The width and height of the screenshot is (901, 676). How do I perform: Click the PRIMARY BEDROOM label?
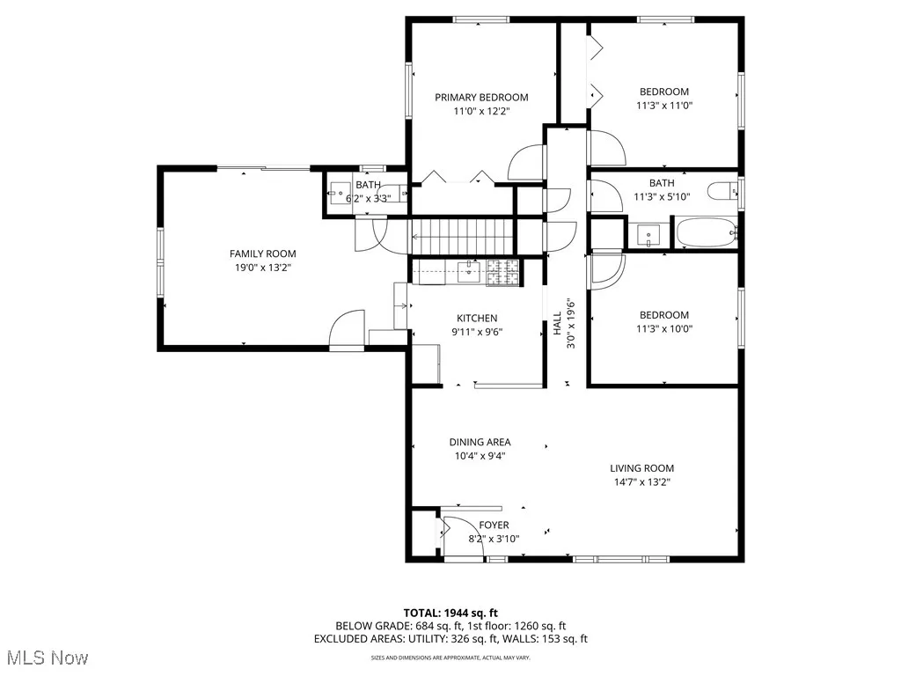pos(481,98)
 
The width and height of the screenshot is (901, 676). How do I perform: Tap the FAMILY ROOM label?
pos(257,254)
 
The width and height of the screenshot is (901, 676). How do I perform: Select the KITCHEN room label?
pos(477,319)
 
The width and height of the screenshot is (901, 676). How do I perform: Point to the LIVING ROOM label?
pos(642,468)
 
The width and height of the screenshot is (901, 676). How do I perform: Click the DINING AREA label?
pos(480,443)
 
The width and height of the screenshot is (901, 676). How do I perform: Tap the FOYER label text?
pos(494,525)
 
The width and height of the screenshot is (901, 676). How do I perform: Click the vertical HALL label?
pos(557,324)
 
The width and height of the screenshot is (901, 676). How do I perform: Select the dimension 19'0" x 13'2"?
pos(257,268)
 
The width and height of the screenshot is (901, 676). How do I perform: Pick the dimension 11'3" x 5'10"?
pos(662,197)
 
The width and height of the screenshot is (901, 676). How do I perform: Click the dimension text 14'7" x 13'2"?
pos(642,482)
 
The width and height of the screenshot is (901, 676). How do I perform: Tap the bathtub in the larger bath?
pos(707,234)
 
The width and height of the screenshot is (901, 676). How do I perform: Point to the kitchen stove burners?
pos(502,273)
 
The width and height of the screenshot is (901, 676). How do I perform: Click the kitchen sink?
pos(464,272)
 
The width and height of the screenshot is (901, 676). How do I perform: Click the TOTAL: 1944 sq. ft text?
pos(450,613)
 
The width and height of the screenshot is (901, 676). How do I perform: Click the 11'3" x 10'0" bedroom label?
pos(663,322)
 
